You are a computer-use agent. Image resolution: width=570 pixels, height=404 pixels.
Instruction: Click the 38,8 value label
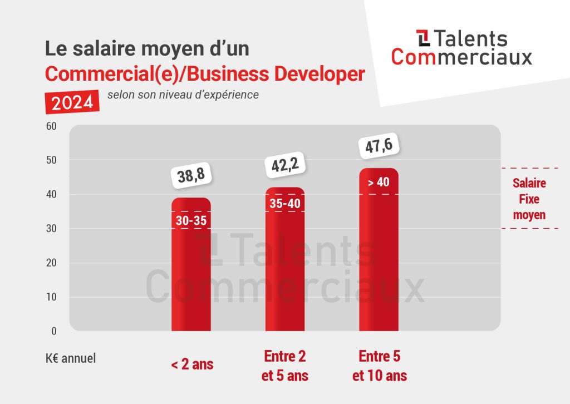coord(191,176)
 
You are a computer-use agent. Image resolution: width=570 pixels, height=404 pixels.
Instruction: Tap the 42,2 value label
coord(285,165)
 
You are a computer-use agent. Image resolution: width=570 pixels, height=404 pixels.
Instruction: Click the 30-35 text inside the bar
coord(191,220)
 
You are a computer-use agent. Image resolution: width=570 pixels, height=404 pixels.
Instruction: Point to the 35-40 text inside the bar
coord(285,203)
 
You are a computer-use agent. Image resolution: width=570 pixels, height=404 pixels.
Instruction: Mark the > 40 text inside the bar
coord(379,183)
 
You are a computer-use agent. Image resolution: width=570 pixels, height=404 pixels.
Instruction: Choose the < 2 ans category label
coord(192,365)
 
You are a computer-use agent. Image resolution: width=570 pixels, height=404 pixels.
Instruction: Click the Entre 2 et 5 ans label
coord(285,366)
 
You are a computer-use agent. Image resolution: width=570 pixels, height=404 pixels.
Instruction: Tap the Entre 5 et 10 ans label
coord(379,366)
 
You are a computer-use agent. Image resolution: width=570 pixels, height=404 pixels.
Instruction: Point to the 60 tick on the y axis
coord(51,126)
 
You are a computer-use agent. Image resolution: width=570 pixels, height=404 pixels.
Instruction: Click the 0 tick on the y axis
coord(54,331)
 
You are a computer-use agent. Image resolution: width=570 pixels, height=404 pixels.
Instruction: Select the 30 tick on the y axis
coord(51,229)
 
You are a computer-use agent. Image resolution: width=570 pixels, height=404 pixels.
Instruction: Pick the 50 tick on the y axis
coord(51,160)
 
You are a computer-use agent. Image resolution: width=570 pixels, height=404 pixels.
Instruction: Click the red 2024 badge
coord(72,102)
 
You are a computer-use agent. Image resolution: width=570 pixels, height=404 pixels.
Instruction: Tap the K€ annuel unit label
coord(71,358)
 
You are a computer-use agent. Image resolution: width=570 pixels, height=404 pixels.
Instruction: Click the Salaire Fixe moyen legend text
coord(529,199)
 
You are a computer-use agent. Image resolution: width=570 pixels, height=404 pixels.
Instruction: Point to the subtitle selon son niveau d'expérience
coord(183,95)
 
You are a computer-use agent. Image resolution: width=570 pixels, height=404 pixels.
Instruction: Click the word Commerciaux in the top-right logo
coord(461,56)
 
